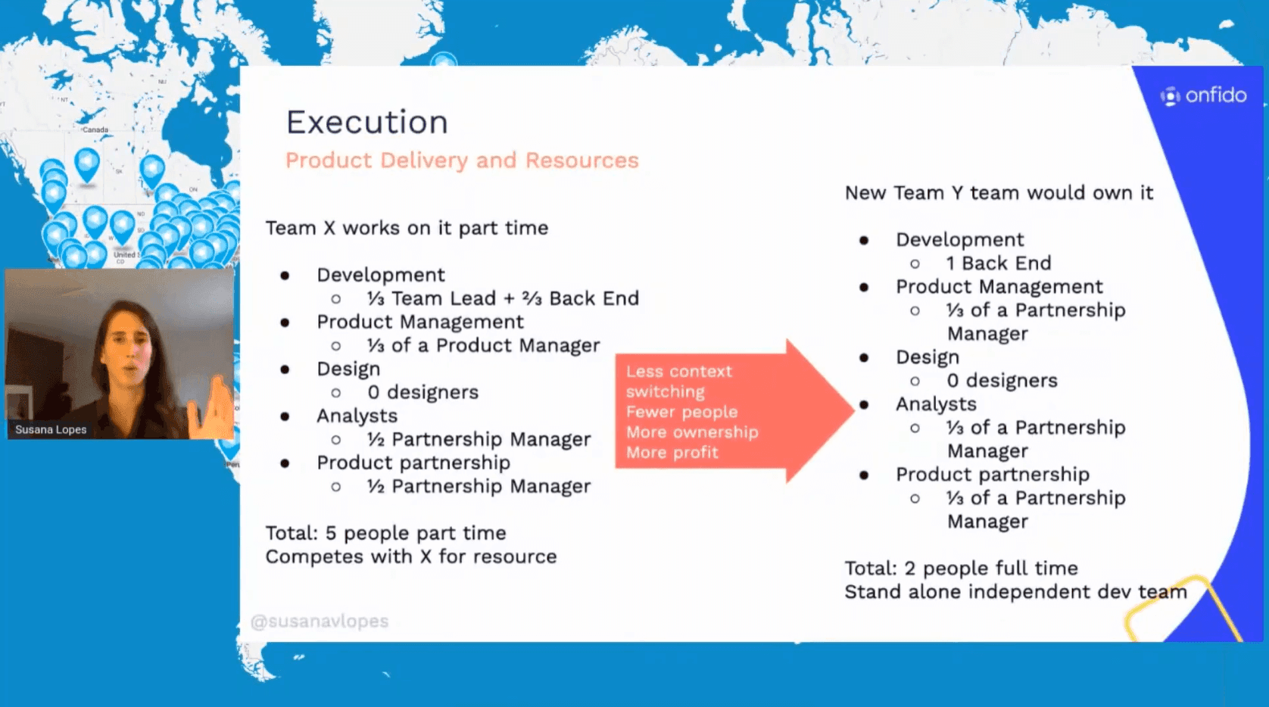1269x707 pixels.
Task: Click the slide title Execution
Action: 367,123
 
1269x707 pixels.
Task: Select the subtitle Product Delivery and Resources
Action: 462,160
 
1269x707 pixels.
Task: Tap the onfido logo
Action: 1203,95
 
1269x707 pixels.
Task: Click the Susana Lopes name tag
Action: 51,429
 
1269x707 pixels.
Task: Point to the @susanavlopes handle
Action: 320,621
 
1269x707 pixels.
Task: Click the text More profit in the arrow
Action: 672,453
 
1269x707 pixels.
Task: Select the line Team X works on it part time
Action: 407,228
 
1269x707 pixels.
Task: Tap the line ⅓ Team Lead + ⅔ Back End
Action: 503,298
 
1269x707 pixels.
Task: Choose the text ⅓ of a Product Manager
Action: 483,345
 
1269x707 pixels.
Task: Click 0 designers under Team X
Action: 422,392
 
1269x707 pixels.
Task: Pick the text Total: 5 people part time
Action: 386,533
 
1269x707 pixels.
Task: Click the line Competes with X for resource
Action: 411,557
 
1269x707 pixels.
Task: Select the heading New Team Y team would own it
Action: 999,192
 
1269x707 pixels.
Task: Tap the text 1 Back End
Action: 999,263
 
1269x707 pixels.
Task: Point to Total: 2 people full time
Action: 962,568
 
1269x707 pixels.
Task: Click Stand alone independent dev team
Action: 1015,592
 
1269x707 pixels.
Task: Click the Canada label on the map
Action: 95,129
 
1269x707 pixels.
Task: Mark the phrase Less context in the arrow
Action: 678,372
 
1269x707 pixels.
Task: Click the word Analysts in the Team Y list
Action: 936,404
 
